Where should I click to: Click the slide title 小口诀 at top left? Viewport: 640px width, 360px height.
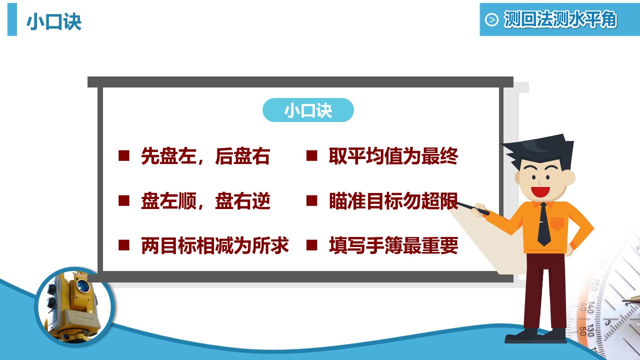[53, 21]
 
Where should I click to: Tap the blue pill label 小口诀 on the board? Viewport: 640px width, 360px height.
[308, 110]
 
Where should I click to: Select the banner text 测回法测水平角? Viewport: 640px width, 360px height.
[560, 19]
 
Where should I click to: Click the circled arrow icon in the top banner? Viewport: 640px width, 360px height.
[491, 20]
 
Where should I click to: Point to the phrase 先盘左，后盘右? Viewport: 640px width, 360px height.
[205, 156]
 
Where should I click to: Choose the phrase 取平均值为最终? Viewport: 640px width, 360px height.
[393, 156]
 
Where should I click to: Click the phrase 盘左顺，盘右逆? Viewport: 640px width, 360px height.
[205, 201]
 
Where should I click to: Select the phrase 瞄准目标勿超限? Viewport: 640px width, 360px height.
[393, 201]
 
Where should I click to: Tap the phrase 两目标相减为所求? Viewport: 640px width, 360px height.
[215, 245]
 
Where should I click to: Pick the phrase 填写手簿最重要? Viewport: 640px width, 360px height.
[393, 245]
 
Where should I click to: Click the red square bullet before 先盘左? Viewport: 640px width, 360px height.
[124, 155]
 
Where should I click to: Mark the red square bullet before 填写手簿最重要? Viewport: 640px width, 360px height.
[312, 244]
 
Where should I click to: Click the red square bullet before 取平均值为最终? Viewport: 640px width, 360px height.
[312, 155]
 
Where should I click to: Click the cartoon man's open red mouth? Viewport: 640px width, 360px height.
[540, 191]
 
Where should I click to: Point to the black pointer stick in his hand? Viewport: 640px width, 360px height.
[472, 207]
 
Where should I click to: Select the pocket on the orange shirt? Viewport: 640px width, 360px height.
[557, 223]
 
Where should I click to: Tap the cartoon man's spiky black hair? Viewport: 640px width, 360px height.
[540, 148]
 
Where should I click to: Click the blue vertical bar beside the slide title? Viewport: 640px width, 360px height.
[12, 19]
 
